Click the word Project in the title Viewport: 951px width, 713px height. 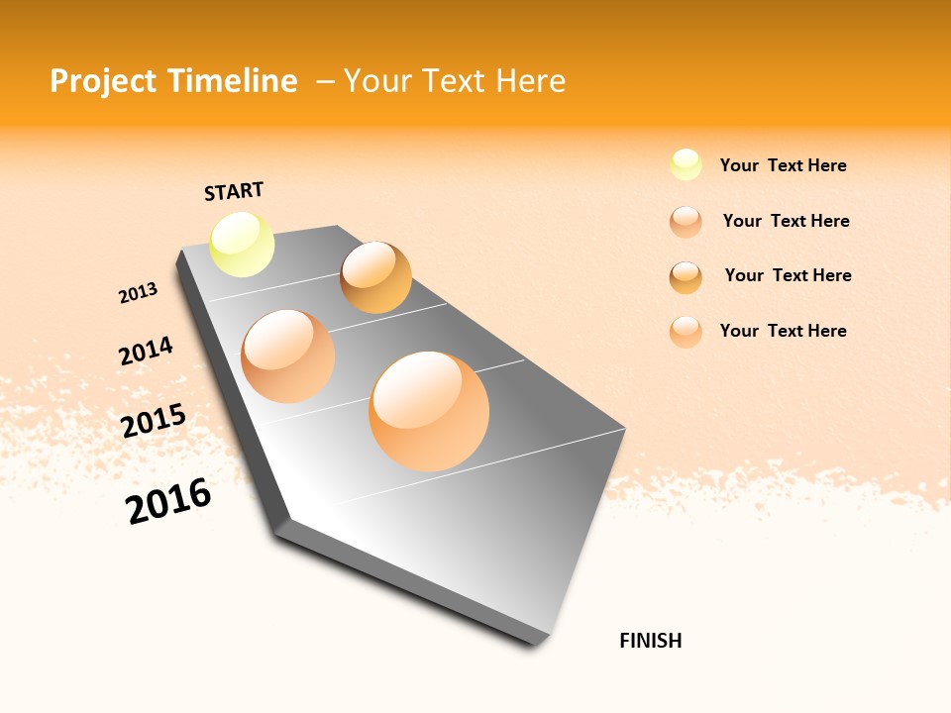pos(103,81)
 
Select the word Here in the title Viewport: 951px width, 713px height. pos(530,81)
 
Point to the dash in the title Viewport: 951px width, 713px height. pos(325,81)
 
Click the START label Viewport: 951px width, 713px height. pos(234,191)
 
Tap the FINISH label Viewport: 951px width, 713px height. pos(650,641)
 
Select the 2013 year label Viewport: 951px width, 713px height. pos(138,293)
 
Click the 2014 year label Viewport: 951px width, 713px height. pos(146,351)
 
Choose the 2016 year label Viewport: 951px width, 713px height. pos(168,501)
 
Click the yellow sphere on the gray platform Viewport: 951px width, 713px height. pos(242,244)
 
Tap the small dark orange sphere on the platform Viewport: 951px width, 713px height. pos(375,277)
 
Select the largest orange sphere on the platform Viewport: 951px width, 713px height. pos(429,411)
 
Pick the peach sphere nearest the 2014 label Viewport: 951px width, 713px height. pos(287,356)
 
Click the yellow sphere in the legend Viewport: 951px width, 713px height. pos(686,164)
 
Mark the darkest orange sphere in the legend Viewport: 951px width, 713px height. pos(686,277)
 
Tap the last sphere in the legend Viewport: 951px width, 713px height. pos(686,332)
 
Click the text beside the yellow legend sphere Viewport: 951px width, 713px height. pos(783,165)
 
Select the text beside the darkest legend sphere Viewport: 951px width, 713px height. pos(788,275)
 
